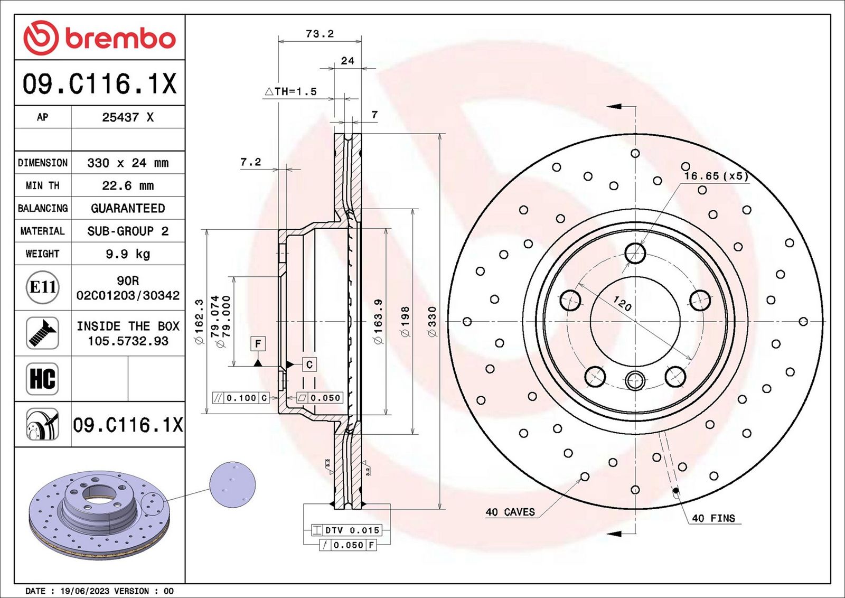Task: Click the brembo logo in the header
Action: (x=100, y=38)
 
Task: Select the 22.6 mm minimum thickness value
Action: (x=128, y=185)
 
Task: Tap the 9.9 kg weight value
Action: (x=128, y=254)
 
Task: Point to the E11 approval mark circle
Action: (x=43, y=287)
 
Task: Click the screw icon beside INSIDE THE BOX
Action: (x=43, y=333)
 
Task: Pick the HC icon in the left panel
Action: (x=43, y=379)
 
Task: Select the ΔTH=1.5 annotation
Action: (x=290, y=91)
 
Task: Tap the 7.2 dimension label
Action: (x=250, y=162)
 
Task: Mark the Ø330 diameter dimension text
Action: (x=433, y=321)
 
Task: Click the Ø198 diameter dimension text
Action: (x=405, y=321)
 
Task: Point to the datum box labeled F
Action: (x=258, y=344)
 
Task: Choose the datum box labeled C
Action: (x=309, y=365)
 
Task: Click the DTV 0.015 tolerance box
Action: (x=346, y=530)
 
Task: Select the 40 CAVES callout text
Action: (x=510, y=512)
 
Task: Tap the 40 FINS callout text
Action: (x=713, y=518)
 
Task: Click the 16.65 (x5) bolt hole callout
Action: (x=716, y=176)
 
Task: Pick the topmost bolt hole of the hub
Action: (x=635, y=253)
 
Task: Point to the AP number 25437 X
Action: (x=128, y=117)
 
